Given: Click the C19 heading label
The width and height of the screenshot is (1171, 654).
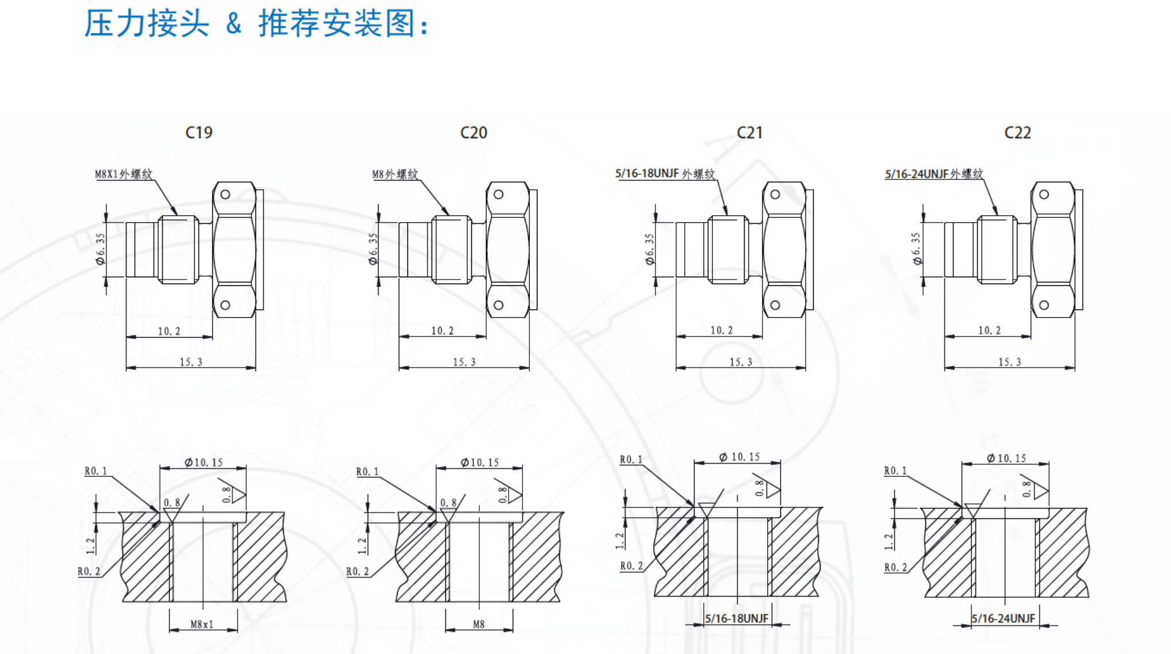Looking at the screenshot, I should [x=199, y=133].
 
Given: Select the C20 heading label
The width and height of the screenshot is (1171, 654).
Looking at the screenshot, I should [x=474, y=133].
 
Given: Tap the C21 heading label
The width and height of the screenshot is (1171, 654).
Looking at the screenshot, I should [x=749, y=133].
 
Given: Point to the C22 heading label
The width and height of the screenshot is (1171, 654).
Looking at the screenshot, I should [x=1017, y=133].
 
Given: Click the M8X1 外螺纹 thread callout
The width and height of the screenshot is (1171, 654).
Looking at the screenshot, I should [x=124, y=174].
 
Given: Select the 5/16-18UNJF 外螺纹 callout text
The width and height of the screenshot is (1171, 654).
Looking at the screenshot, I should [x=665, y=174].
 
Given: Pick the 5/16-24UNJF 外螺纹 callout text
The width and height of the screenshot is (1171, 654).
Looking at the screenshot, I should [x=934, y=174].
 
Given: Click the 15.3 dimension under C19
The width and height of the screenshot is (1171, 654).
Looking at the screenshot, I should [x=191, y=362].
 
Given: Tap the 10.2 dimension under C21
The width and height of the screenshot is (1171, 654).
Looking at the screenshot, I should [x=722, y=330].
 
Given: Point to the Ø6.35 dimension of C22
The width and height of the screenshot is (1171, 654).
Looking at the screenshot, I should [x=916, y=248].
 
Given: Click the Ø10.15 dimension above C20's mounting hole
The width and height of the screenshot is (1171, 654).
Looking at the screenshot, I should [x=479, y=462].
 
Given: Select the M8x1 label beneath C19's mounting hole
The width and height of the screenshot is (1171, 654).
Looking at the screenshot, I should [x=202, y=624].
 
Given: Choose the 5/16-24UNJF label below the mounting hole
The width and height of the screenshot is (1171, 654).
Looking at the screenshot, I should [x=1004, y=618].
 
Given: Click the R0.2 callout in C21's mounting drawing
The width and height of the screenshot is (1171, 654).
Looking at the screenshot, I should [x=631, y=566].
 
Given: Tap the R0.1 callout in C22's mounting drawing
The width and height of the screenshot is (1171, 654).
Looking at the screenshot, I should [x=895, y=471].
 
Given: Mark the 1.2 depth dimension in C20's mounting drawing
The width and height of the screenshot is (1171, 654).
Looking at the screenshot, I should [x=361, y=545].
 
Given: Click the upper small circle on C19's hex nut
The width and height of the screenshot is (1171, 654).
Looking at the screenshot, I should [x=226, y=194].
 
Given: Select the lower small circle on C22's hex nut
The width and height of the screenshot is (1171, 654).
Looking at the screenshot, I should [x=1044, y=305].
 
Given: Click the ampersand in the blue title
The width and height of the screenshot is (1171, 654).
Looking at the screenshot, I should [x=234, y=24].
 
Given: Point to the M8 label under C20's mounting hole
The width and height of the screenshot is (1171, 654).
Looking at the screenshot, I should [x=479, y=624].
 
